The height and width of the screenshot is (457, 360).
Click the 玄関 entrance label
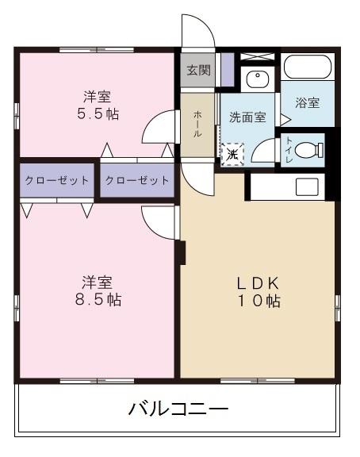(x=198, y=69)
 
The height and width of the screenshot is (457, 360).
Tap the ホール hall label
(x=197, y=124)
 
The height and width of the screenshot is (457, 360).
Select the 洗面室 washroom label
(x=247, y=117)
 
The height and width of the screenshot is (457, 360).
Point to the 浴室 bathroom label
(x=307, y=102)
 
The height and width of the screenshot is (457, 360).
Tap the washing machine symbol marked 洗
(x=232, y=153)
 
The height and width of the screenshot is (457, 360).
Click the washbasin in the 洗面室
(x=257, y=79)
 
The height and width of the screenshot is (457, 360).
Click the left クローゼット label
(x=57, y=180)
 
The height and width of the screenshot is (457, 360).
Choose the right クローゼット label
(x=136, y=180)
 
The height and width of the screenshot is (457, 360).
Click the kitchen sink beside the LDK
(x=307, y=187)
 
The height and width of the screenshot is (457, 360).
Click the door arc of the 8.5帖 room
(x=159, y=221)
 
